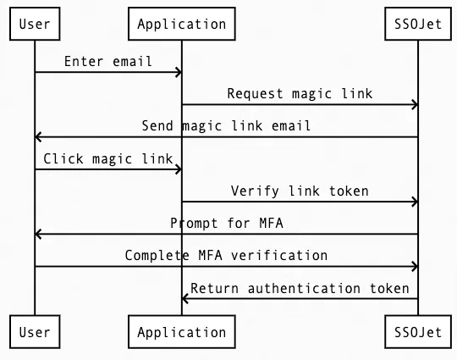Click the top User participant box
[35, 24]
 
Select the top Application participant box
[181, 24]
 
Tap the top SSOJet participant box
[418, 24]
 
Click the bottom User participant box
[35, 332]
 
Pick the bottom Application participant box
[181, 332]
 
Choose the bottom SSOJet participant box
[418, 332]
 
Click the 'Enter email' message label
[108, 61]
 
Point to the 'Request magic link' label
[300, 93]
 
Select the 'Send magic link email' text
[226, 125]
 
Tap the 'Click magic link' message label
[108, 158]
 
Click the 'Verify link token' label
[300, 191]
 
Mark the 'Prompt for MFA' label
[226, 223]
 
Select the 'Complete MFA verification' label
[226, 255]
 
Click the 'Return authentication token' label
[300, 288]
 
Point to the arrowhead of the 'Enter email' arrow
[177, 73]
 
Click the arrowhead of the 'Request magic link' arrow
[414, 105]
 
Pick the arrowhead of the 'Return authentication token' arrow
[186, 299]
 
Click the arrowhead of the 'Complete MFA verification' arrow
[414, 267]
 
